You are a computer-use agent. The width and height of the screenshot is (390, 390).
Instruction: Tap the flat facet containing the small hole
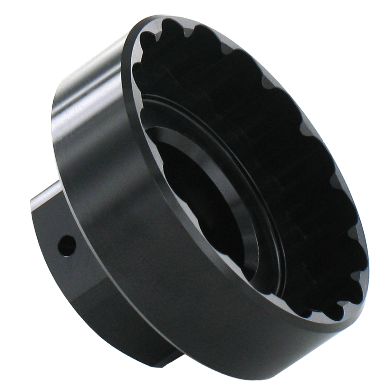58,229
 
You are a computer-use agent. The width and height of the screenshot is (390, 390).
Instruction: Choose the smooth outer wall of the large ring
146,273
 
